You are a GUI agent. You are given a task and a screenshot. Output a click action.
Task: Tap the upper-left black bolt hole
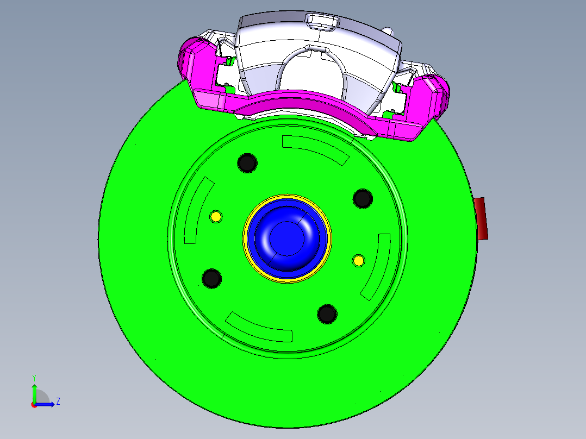click(x=247, y=162)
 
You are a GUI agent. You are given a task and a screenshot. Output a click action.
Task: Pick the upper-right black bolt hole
click(x=363, y=199)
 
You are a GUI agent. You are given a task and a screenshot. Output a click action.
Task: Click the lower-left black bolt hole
click(x=211, y=278)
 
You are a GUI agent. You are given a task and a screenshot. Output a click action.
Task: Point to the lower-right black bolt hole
click(x=327, y=313)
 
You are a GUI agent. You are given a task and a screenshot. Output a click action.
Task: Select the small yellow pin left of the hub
click(x=216, y=217)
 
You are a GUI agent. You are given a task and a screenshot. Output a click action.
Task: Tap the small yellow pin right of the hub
click(x=358, y=260)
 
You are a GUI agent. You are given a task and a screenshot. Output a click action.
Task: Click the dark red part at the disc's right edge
click(x=481, y=218)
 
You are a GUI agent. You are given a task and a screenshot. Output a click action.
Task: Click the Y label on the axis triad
click(x=34, y=377)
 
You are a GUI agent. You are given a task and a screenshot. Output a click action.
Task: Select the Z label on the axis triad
click(x=58, y=402)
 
